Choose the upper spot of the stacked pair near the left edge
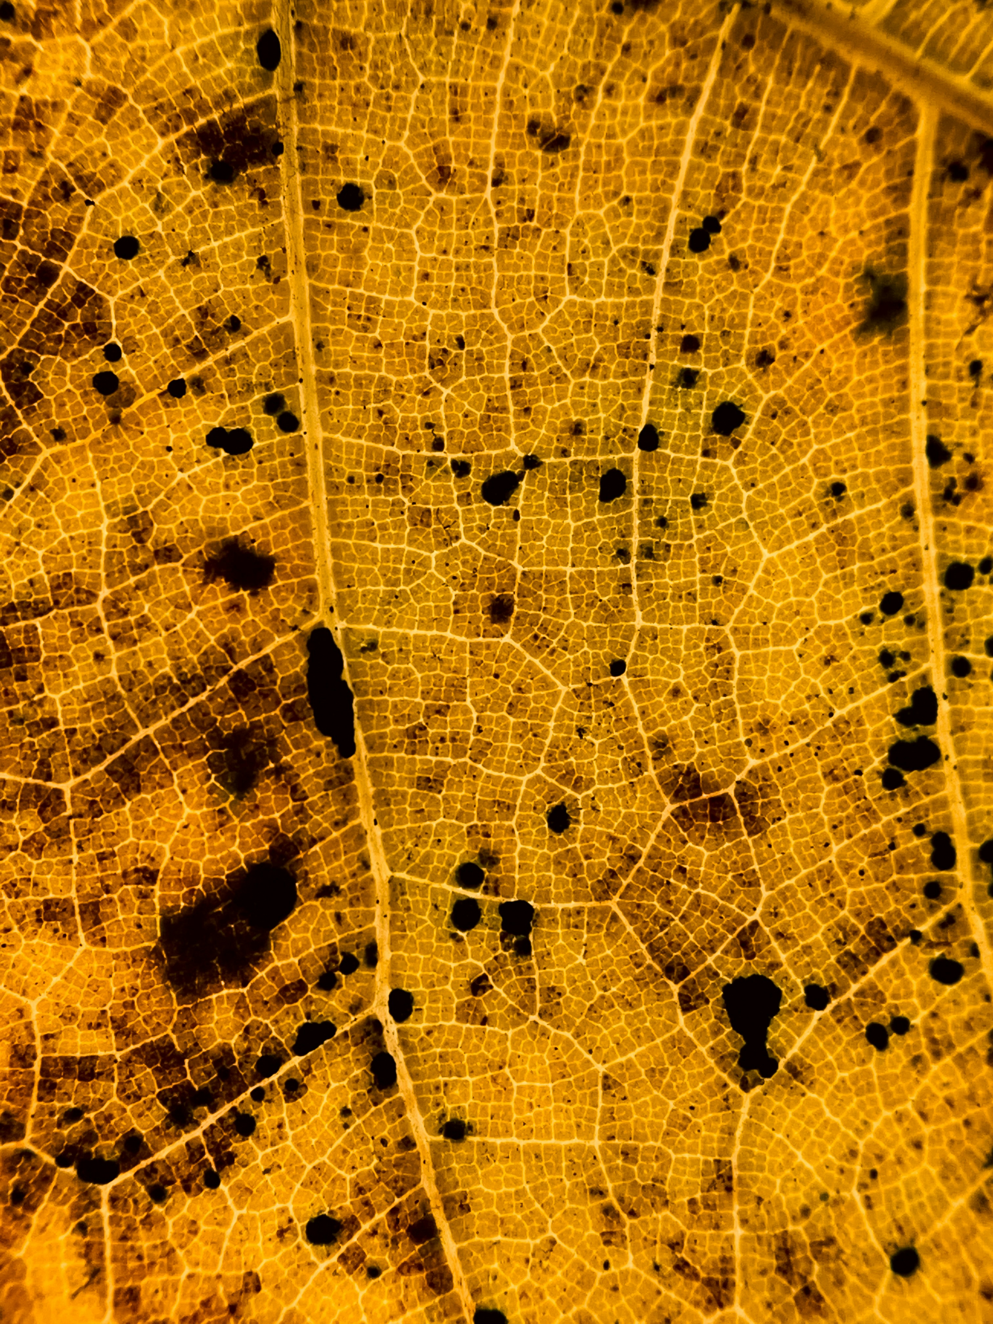[112, 352]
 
